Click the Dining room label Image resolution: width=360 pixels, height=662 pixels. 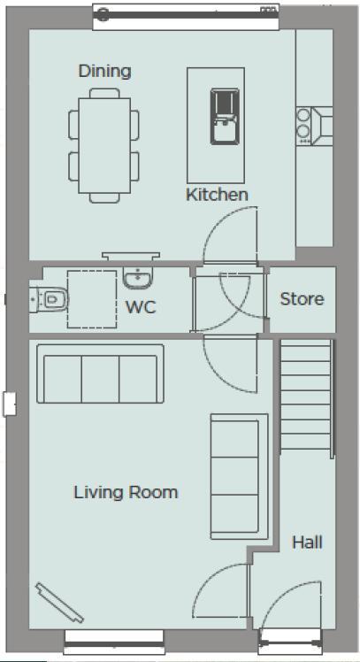pos(104,71)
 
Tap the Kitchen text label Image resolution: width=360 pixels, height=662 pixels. pos(217,194)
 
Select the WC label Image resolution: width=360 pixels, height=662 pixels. pos(141,308)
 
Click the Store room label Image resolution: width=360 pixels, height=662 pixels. pos(302,298)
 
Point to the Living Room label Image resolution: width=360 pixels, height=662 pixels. pos(126,492)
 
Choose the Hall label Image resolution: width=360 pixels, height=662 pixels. pos(307,542)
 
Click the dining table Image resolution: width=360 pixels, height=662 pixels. pos(104,147)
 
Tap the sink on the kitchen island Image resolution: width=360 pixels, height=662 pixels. pos(222,116)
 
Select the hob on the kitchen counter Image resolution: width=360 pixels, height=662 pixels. pos(305,124)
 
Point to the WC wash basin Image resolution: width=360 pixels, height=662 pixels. pos(138,279)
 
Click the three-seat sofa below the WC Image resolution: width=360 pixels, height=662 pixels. pos(100,376)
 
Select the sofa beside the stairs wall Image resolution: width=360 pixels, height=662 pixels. pos(239,477)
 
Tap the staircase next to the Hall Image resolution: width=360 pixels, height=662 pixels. pos(307,398)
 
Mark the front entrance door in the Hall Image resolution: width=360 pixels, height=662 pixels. pos(289,611)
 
